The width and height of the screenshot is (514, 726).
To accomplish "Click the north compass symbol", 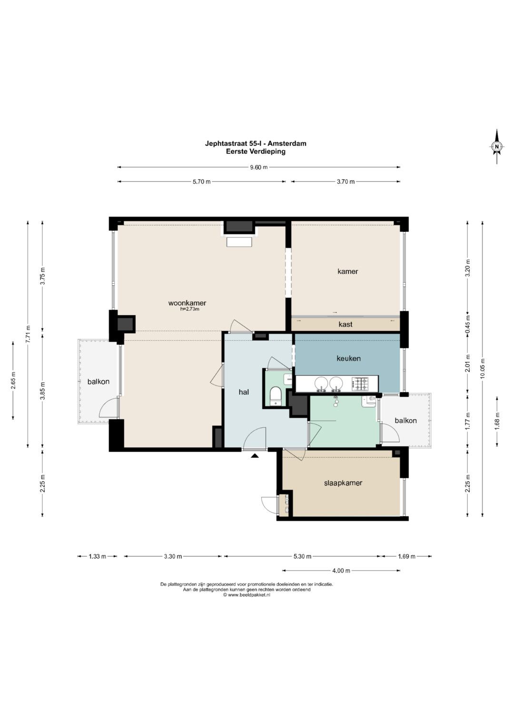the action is coord(496,146).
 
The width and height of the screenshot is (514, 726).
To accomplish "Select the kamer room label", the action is coord(347,271).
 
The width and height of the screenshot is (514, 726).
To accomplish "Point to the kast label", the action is coord(345,324).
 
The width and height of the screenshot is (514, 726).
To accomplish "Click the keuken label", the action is coord(348,358).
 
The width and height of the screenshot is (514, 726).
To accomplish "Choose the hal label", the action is coord(244,392).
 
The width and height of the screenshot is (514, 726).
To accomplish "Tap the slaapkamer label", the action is coord(343,483).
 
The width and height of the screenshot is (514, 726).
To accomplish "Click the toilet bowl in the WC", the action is coord(276,396).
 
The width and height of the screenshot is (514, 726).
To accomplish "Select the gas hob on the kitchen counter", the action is coord(361,384).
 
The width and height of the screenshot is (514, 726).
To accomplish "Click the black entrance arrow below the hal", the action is coord(255,455).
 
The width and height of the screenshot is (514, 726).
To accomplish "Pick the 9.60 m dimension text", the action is coord(258,167).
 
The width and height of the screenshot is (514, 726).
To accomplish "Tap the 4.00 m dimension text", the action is coord(341,571).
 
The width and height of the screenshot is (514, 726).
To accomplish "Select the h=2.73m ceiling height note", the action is coord(189,309).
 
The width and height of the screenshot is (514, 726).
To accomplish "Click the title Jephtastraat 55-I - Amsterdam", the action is coord(256,143).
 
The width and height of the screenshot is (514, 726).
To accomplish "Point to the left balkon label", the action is coord(99,381).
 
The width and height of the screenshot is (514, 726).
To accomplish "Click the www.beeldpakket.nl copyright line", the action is coord(247,595).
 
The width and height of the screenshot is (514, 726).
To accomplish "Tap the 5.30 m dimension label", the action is coord(302,556).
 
